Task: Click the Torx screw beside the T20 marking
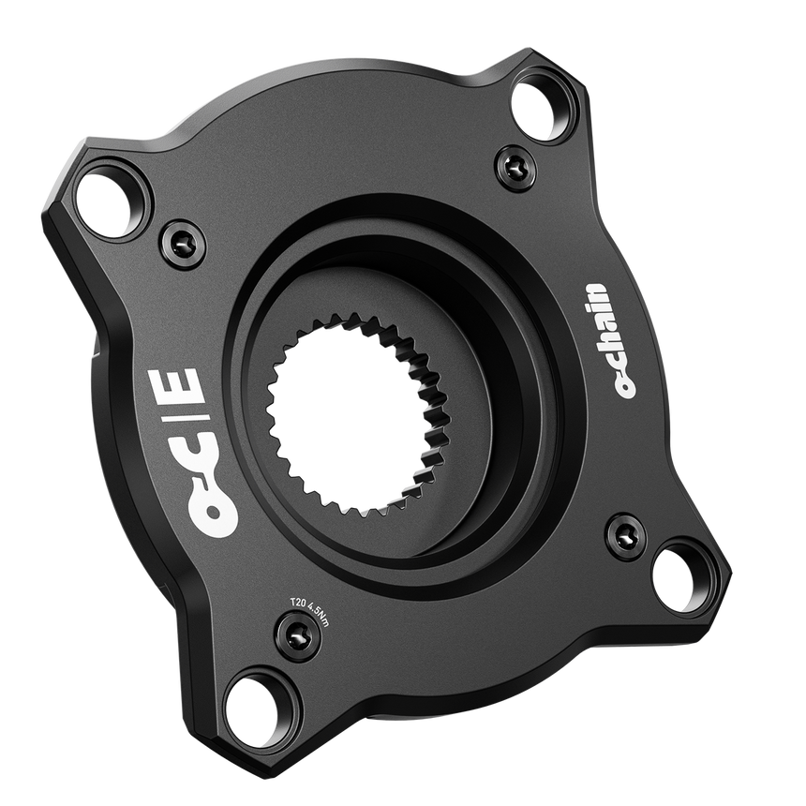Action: [x=298, y=637]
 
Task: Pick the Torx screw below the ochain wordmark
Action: [x=625, y=537]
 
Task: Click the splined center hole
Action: [x=351, y=412]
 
